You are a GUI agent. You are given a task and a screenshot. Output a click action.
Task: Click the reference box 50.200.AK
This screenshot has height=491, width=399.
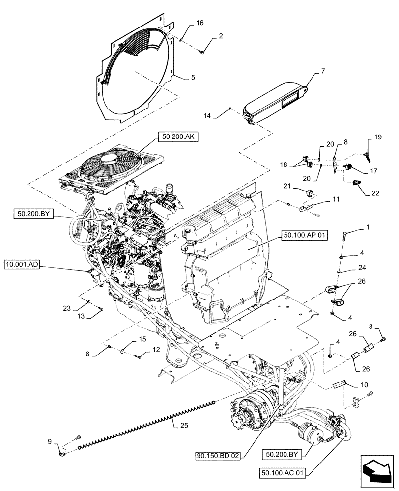pos(177,138)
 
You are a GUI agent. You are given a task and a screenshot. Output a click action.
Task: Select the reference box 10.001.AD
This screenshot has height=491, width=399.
pos(23,265)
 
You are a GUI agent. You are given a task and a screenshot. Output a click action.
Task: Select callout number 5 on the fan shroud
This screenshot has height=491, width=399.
pos(193,77)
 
